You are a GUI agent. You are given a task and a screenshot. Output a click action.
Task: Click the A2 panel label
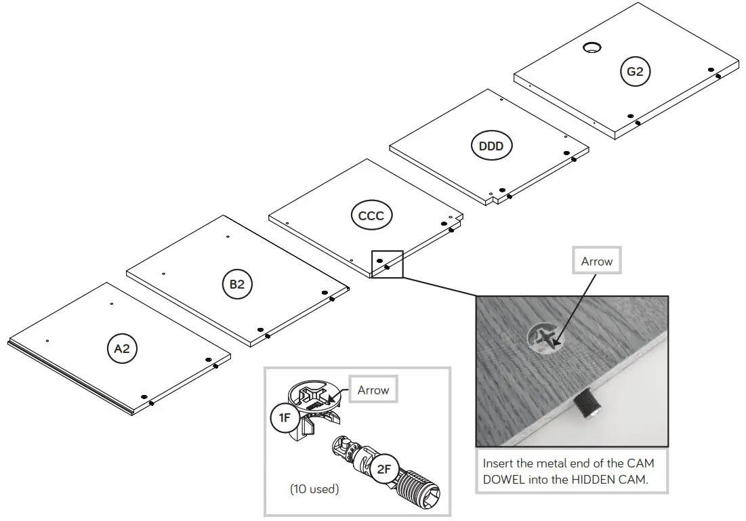(x=121, y=348)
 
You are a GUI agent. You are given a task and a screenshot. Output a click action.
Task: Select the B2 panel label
(x=236, y=285)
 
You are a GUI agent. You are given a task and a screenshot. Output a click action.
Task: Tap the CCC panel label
(x=371, y=216)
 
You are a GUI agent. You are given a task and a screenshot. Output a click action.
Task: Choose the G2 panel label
(x=635, y=71)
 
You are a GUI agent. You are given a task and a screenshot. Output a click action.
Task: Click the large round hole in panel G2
(x=592, y=47)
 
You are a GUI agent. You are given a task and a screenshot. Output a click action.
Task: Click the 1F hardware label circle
(x=285, y=418)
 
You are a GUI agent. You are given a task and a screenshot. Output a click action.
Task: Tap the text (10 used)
(x=314, y=488)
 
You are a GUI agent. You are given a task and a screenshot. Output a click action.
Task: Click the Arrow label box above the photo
(x=596, y=262)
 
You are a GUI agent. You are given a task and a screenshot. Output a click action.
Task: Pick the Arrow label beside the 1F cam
(x=373, y=390)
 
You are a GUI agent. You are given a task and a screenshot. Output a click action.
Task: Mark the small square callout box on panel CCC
(x=387, y=264)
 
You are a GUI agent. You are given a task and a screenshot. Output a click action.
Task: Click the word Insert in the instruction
(x=498, y=464)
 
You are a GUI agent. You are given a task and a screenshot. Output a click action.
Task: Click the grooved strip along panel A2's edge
(x=68, y=377)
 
